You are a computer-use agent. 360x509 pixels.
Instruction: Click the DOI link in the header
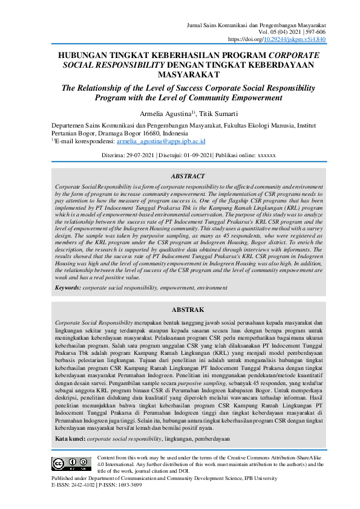click(x=294, y=39)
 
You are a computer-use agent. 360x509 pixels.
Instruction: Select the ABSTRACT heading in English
click(x=188, y=177)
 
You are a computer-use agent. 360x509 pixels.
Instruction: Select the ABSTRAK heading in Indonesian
click(x=188, y=309)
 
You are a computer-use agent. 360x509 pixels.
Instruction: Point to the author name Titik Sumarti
click(x=218, y=113)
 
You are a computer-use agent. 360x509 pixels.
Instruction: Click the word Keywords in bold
click(x=68, y=288)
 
